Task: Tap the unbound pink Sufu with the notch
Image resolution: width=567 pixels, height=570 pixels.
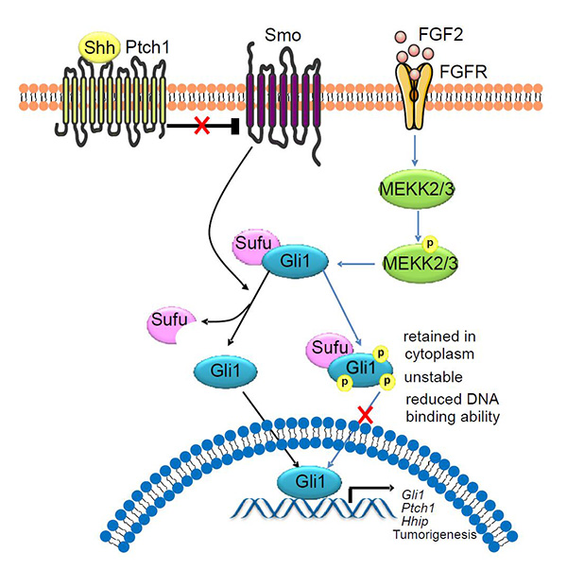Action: click(x=170, y=322)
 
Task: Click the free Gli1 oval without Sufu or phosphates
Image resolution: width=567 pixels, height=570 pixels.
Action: click(x=220, y=371)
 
